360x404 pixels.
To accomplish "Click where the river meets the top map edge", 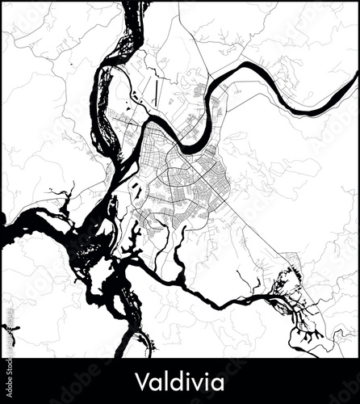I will [132, 5].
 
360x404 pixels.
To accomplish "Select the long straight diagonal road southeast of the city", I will [242, 226].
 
